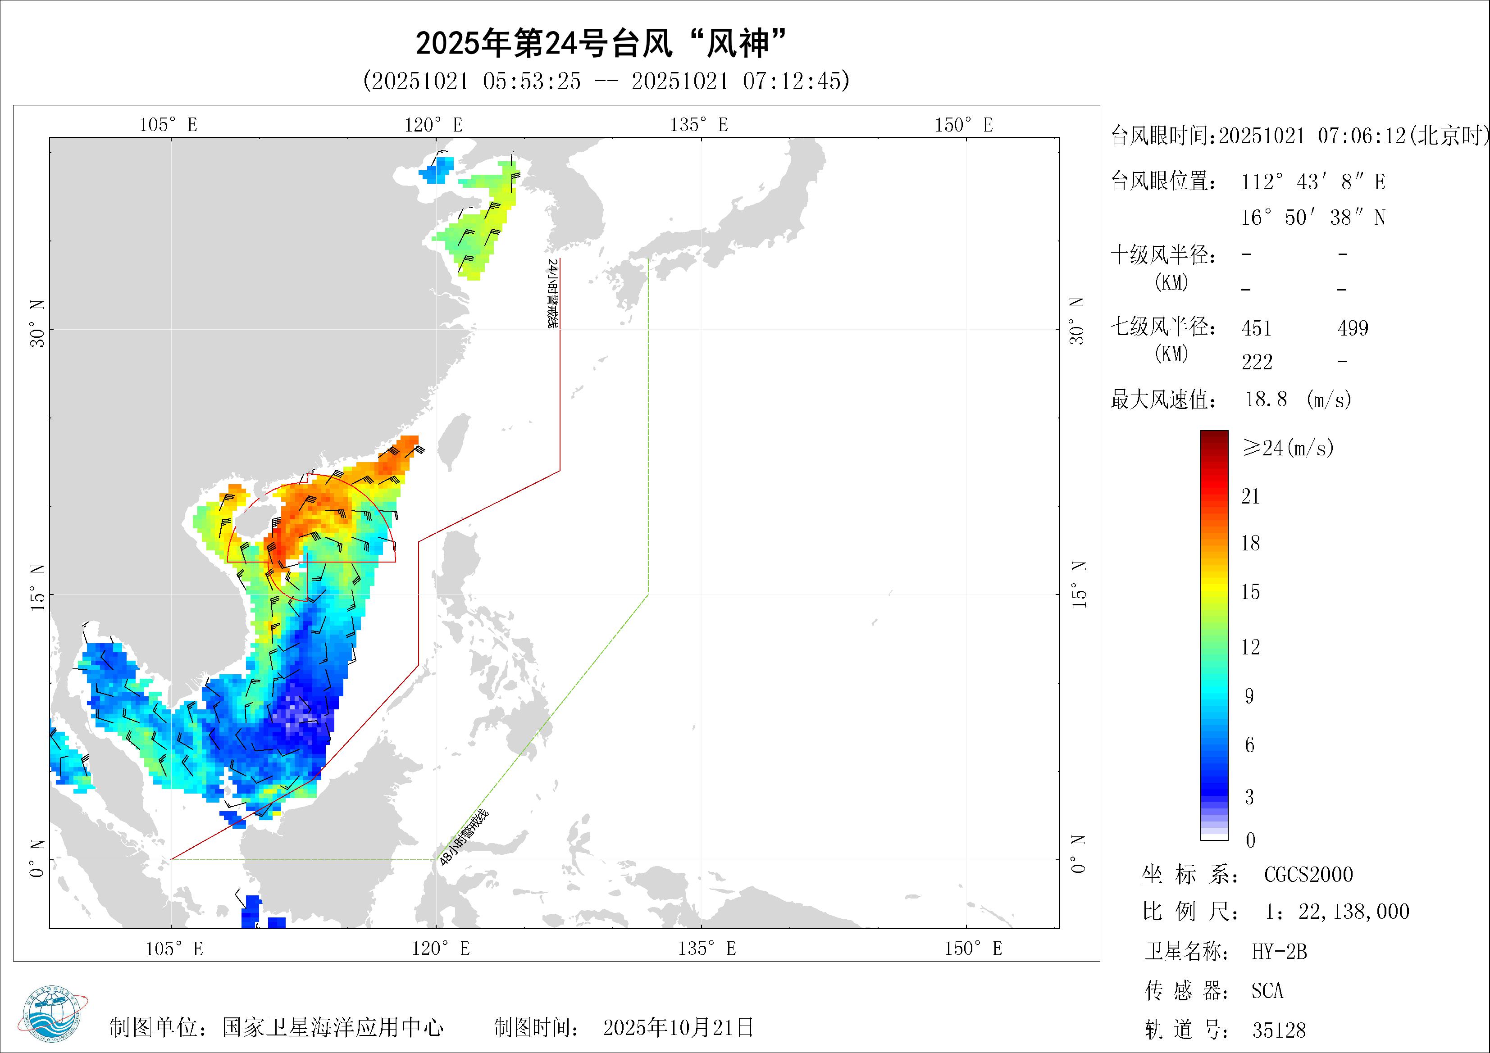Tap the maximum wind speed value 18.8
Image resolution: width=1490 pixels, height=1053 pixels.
pyautogui.click(x=1266, y=399)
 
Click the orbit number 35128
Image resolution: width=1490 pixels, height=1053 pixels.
pyautogui.click(x=1278, y=1030)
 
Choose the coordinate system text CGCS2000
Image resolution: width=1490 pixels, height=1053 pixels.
pyautogui.click(x=1308, y=875)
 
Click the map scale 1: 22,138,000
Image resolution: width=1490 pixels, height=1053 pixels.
pyautogui.click(x=1337, y=912)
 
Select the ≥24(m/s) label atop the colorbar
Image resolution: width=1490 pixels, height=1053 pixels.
pyautogui.click(x=1288, y=448)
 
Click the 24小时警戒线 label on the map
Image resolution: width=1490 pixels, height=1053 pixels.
pyautogui.click(x=552, y=293)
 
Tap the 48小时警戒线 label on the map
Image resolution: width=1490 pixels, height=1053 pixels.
pyautogui.click(x=463, y=838)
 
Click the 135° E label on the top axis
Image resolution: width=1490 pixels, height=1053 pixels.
pyautogui.click(x=699, y=125)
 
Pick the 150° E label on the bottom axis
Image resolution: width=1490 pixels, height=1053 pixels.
pyautogui.click(x=973, y=949)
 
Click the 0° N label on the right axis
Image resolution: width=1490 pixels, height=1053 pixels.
pyautogui.click(x=1077, y=854)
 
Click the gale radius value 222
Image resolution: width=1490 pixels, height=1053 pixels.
pyautogui.click(x=1257, y=362)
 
